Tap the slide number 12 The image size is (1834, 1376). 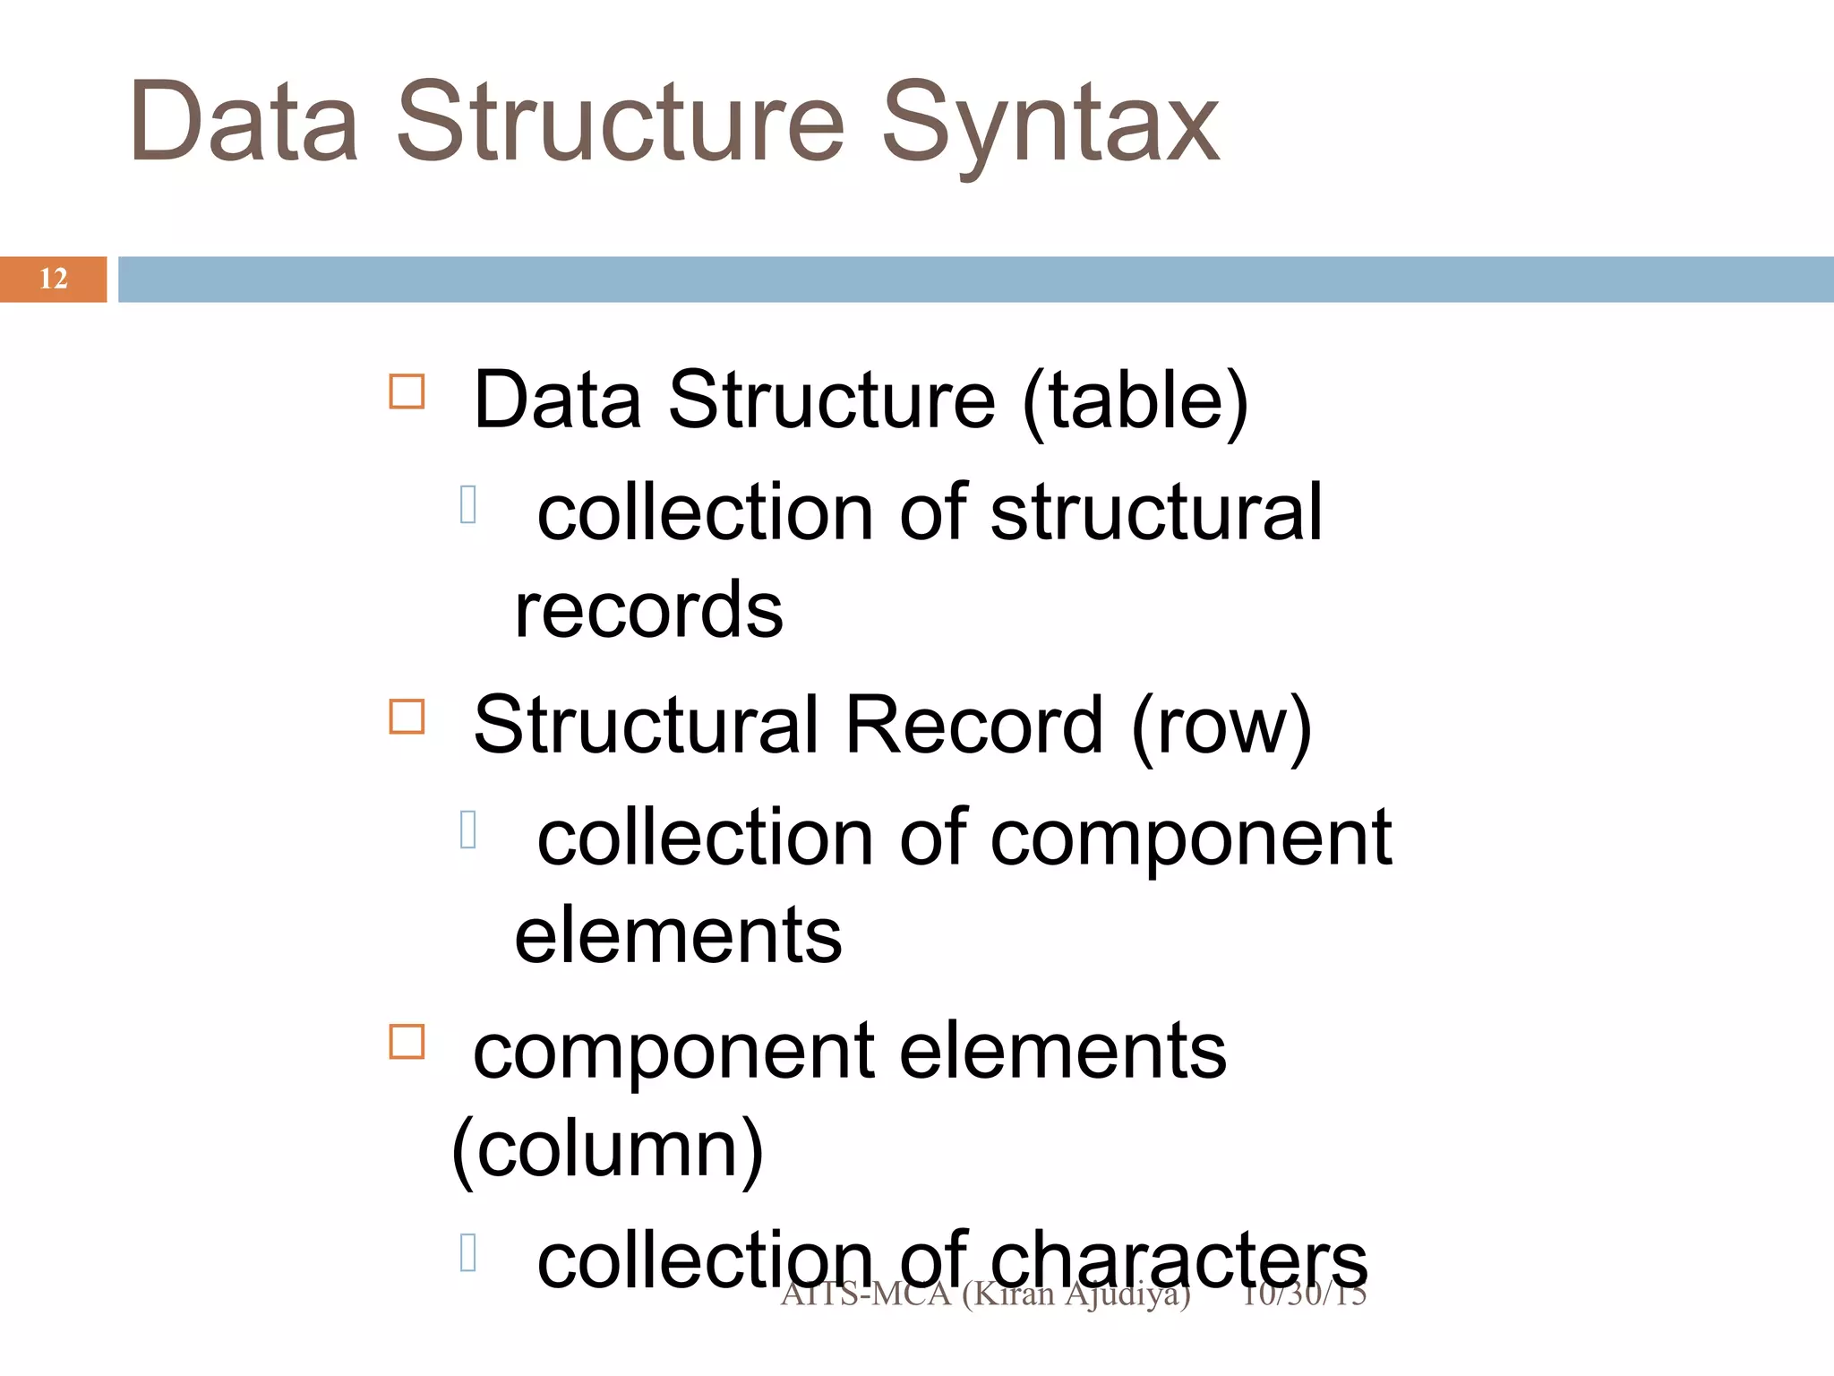click(x=54, y=279)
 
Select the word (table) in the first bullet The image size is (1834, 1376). click(x=1135, y=400)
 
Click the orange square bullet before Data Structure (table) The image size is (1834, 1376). click(x=407, y=391)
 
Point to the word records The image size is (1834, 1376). click(x=648, y=610)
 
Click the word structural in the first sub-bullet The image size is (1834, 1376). click(x=1156, y=512)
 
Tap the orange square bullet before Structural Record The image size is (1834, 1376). click(x=407, y=717)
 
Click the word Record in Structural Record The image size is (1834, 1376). click(x=973, y=725)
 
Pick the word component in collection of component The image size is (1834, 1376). click(x=1191, y=838)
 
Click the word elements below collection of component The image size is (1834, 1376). click(x=678, y=935)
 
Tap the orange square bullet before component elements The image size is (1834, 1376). click(x=407, y=1042)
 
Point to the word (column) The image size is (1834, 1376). click(x=608, y=1149)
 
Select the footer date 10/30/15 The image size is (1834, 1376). click(x=1304, y=1294)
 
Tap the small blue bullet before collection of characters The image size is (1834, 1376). click(x=467, y=1252)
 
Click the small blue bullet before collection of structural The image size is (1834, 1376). click(x=467, y=503)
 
